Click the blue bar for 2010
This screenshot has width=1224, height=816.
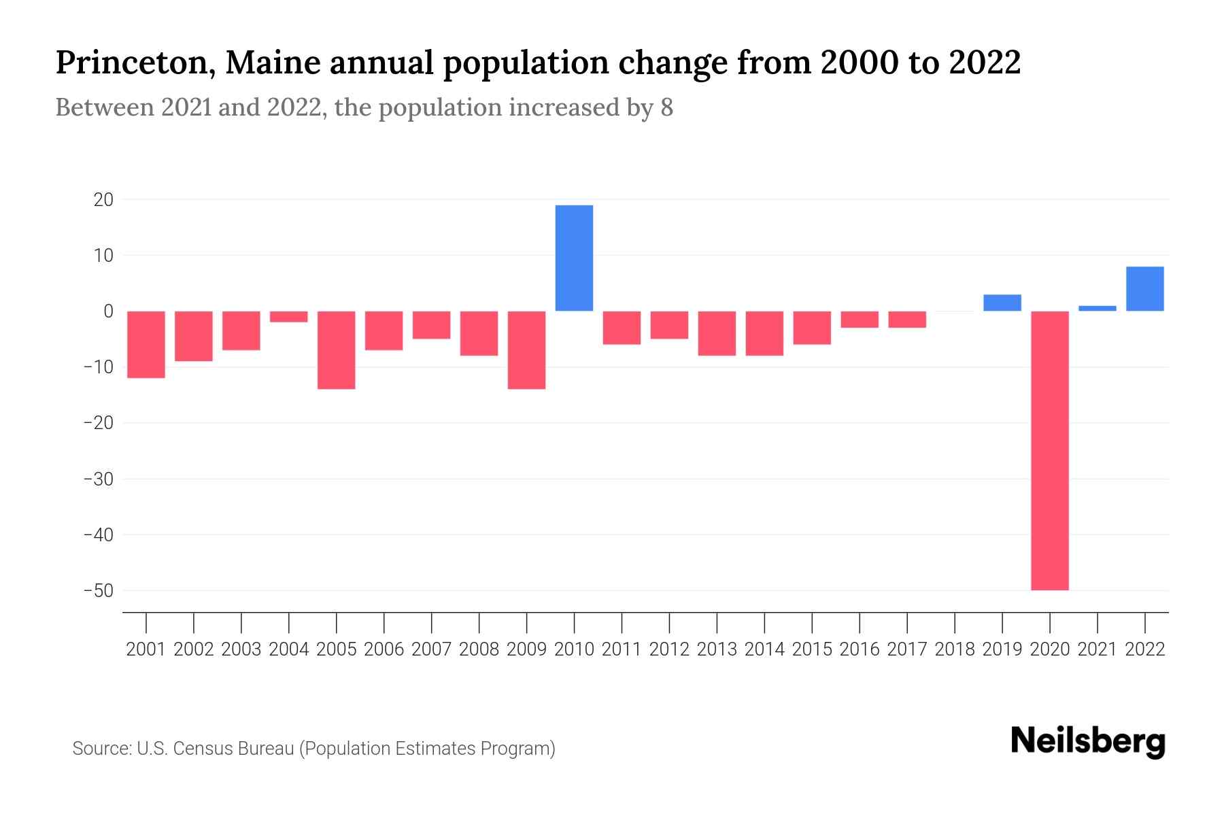pyautogui.click(x=574, y=258)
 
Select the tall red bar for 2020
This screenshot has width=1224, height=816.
pyautogui.click(x=1050, y=450)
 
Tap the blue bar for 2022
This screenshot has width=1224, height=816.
pyautogui.click(x=1145, y=289)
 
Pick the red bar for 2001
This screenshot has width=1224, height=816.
pyautogui.click(x=146, y=344)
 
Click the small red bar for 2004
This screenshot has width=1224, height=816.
pyautogui.click(x=289, y=316)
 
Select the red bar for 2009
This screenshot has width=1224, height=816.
pyautogui.click(x=527, y=350)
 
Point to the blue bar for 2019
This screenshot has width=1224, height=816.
pyautogui.click(x=1002, y=303)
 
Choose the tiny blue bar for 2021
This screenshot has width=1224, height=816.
pyautogui.click(x=1098, y=308)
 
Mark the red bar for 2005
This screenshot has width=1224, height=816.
pyautogui.click(x=337, y=350)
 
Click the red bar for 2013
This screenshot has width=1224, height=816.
pyautogui.click(x=717, y=333)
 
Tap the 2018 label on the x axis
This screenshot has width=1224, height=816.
pyautogui.click(x=955, y=649)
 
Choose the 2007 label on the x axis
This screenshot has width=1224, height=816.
pyautogui.click(x=431, y=649)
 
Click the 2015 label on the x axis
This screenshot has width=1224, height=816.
pyautogui.click(x=812, y=649)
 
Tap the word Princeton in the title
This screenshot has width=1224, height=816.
pyautogui.click(x=133, y=63)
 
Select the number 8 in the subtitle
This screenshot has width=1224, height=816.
pyautogui.click(x=666, y=107)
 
